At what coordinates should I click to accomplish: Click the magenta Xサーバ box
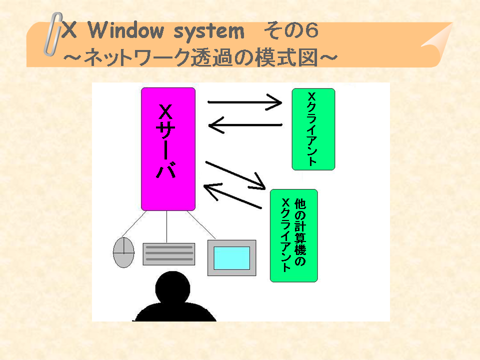click(168, 149)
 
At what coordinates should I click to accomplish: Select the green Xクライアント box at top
click(313, 129)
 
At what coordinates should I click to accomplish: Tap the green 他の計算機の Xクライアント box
click(294, 235)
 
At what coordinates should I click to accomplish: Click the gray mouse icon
click(123, 252)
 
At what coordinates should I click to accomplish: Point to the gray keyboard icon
click(169, 254)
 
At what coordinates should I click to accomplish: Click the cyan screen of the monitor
click(231, 258)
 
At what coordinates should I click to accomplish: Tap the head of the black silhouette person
click(172, 288)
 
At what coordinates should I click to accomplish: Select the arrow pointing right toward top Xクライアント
click(245, 102)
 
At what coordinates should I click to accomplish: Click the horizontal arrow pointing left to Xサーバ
click(245, 125)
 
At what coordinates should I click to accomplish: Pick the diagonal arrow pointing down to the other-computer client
click(235, 175)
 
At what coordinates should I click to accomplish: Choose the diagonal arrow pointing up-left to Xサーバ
click(232, 196)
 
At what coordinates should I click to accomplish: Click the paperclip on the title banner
click(53, 34)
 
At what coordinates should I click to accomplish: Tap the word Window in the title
click(126, 31)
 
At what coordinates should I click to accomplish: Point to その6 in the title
click(291, 31)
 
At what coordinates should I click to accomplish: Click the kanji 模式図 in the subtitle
click(287, 57)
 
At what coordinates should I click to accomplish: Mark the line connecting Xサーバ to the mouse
click(134, 224)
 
